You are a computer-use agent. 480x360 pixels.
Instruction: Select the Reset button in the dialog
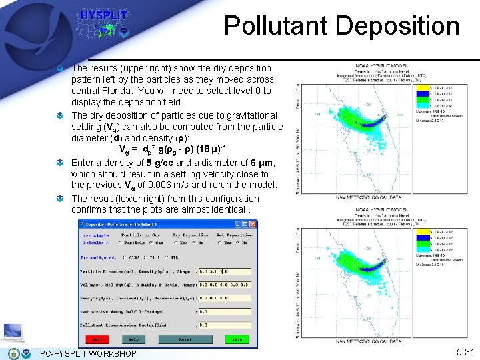185,339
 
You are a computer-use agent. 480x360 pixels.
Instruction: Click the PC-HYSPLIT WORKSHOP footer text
88,353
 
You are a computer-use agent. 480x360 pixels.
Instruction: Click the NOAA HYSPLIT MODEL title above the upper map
381,65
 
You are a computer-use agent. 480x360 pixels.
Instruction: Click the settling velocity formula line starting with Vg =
177,149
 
